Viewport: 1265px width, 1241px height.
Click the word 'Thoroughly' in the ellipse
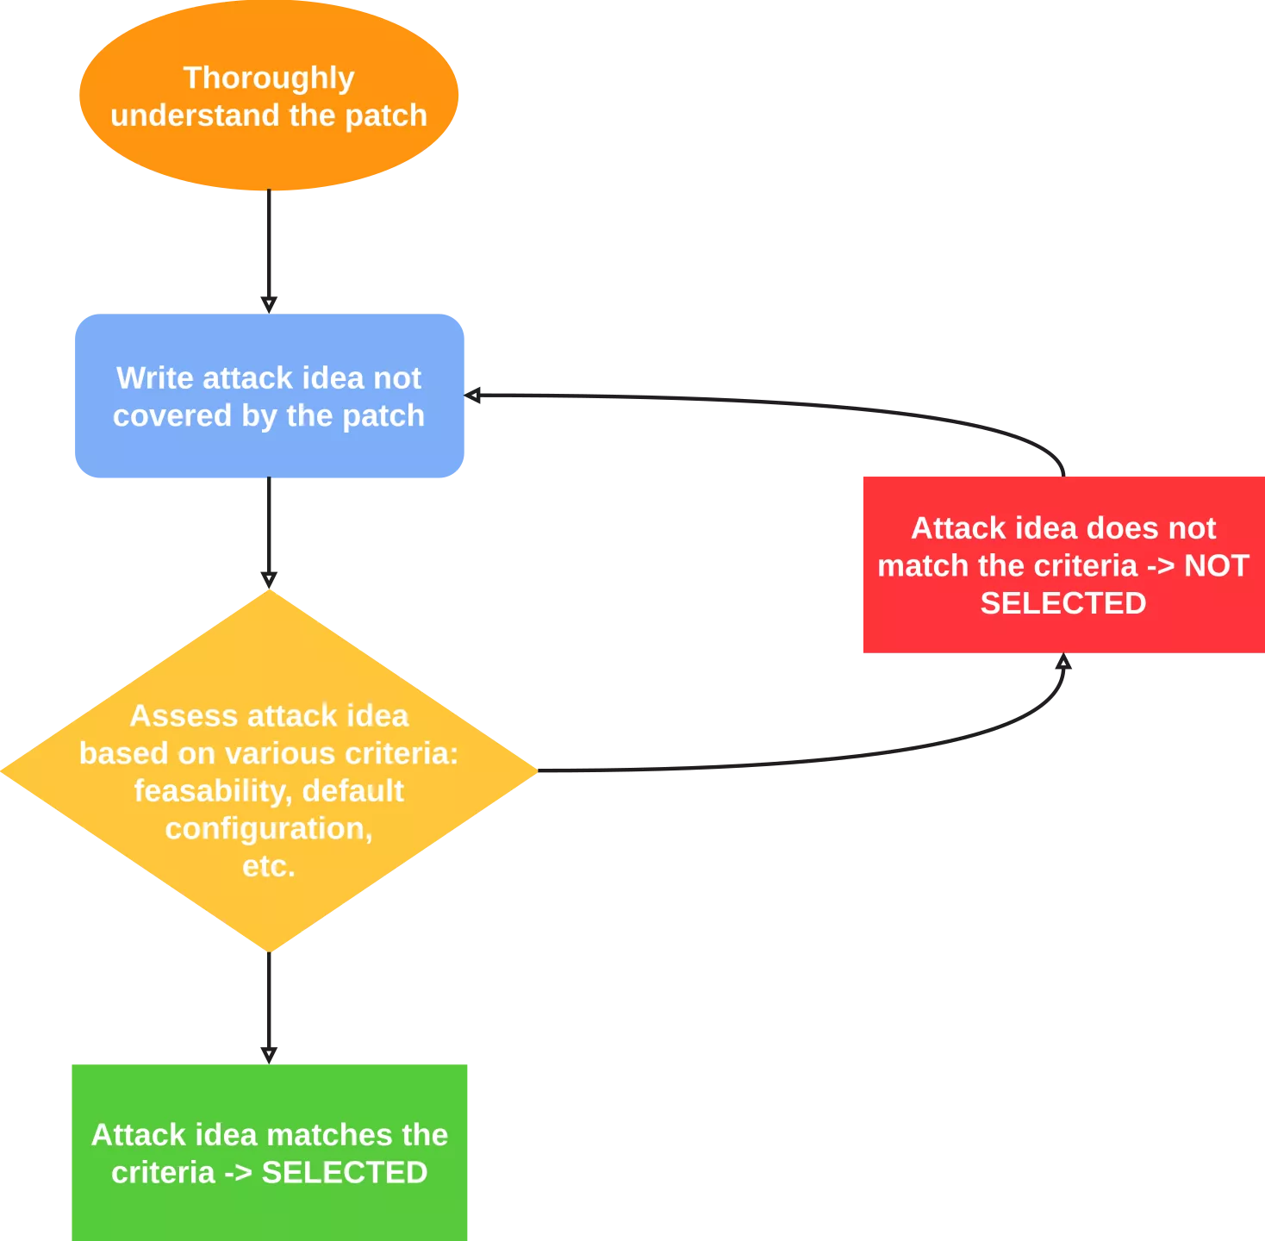(x=269, y=78)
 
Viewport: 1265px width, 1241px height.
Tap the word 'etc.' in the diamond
(x=269, y=865)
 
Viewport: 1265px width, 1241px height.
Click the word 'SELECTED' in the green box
(x=344, y=1172)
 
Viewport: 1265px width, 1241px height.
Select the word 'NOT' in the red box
(x=1216, y=565)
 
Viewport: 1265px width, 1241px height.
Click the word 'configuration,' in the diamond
(x=269, y=828)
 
